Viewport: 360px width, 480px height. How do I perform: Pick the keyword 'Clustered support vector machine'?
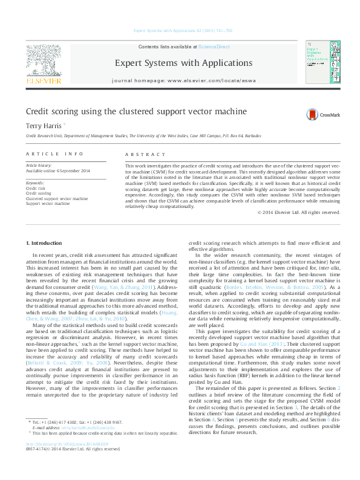pyautogui.click(x=56, y=198)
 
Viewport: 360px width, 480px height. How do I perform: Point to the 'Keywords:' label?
pyautogui.click(x=35, y=183)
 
